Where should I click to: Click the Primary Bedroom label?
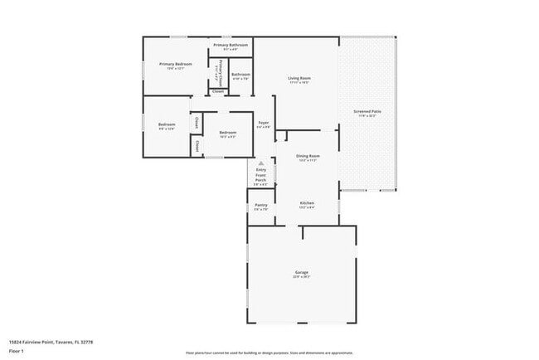pos(176,64)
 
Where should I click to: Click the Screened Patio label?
pos(367,111)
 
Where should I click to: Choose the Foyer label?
pos(263,123)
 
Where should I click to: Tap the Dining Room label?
pos(308,155)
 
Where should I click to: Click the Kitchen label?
pos(307,203)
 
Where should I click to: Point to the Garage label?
pos(302,272)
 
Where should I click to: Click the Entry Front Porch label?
pos(261,175)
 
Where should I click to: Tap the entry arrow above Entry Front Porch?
pos(261,163)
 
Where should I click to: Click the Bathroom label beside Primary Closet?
pos(240,75)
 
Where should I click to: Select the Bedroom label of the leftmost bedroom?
pos(167,124)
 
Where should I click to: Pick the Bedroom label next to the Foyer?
pos(227,133)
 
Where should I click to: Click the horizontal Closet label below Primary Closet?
pos(218,91)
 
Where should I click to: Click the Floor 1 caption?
pos(17,349)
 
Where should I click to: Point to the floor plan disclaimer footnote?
pos(269,353)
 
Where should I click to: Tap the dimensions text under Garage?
pos(302,277)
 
